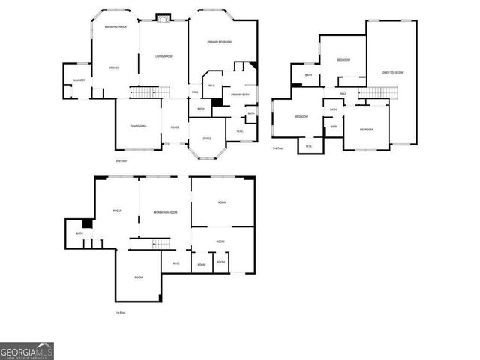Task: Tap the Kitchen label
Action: click(114, 67)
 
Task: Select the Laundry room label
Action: click(78, 79)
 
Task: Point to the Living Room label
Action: click(163, 56)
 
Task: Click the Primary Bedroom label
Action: click(220, 42)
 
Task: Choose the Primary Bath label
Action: click(240, 94)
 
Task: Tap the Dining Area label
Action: click(138, 126)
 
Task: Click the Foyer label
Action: click(175, 127)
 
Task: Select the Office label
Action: click(207, 139)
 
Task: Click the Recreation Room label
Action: click(165, 213)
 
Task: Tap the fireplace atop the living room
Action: click(163, 18)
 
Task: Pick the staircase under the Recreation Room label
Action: click(150, 244)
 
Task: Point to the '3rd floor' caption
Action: click(277, 148)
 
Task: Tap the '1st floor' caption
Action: click(120, 312)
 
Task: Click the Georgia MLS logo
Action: click(26, 351)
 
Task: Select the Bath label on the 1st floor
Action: click(79, 234)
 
